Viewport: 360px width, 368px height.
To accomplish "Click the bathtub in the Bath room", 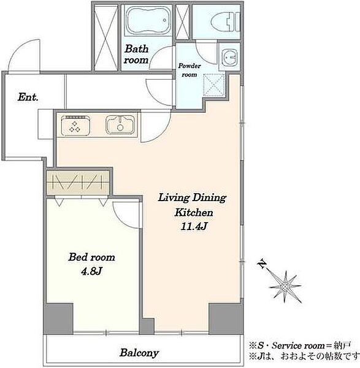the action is (x=148, y=20).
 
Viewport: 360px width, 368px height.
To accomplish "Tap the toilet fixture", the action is (x=225, y=21).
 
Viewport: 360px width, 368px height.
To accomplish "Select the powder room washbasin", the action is (x=229, y=57).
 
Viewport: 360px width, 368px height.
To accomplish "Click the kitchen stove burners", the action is (x=75, y=125).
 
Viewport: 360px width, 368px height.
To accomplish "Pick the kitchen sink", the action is (x=121, y=125).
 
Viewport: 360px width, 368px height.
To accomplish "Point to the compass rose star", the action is (x=285, y=286).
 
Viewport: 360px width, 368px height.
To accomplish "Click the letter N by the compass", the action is (x=262, y=264).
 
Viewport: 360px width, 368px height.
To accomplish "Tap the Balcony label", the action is (x=139, y=353).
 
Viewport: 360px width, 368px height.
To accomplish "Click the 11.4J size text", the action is (x=194, y=227).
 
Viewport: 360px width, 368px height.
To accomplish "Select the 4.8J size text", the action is (x=91, y=272).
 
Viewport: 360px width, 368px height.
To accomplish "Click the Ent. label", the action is (x=28, y=97).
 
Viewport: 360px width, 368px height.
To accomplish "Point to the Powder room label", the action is (x=189, y=70).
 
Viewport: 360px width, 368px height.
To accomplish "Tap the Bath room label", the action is (x=136, y=54).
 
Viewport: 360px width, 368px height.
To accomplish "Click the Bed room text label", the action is (x=91, y=257).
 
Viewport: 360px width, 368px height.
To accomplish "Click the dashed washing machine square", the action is (x=213, y=85).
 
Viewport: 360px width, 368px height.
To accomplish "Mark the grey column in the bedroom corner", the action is (x=59, y=319).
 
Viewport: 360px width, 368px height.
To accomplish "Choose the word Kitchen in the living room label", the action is (x=194, y=213).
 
